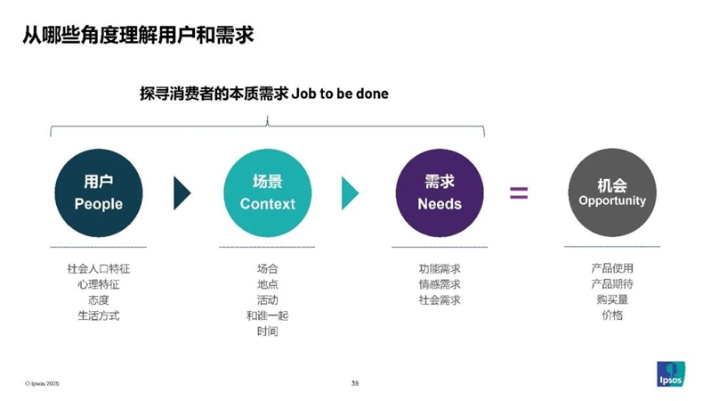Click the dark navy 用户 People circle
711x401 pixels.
(x=99, y=193)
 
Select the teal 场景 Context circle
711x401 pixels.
(x=268, y=193)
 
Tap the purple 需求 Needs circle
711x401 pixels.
(x=440, y=193)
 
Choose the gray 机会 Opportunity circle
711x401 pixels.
(x=612, y=192)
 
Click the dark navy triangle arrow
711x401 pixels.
(x=182, y=193)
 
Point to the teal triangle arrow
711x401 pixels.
(x=350, y=193)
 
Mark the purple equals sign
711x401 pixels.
(x=519, y=193)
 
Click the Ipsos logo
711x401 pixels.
(x=671, y=373)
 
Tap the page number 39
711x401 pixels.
(x=355, y=383)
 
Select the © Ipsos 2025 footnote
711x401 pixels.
(x=42, y=383)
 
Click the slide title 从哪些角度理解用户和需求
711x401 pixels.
(x=138, y=35)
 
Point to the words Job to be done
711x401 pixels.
(x=340, y=94)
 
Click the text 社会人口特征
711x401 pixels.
(x=99, y=269)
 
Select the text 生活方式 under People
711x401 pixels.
(x=99, y=315)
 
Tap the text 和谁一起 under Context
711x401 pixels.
(x=268, y=315)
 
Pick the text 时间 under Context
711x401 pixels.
(x=268, y=331)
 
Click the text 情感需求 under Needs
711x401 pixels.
(x=440, y=284)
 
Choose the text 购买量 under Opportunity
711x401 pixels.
(x=612, y=299)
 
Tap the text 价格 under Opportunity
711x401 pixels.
(x=612, y=315)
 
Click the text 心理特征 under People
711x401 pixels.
(x=99, y=284)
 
